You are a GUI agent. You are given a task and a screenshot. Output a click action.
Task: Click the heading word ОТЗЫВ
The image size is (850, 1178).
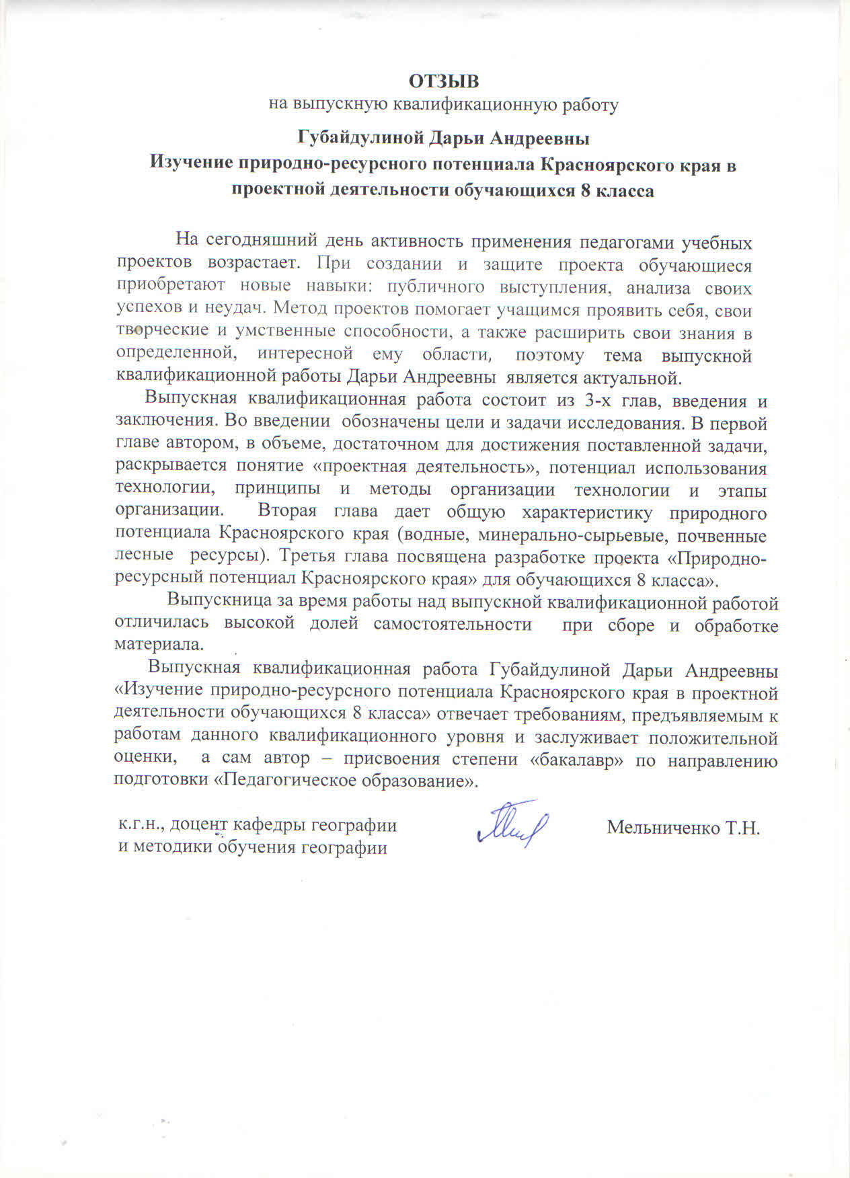coord(444,81)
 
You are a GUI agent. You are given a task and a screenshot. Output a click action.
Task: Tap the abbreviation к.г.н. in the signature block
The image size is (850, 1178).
coord(141,825)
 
